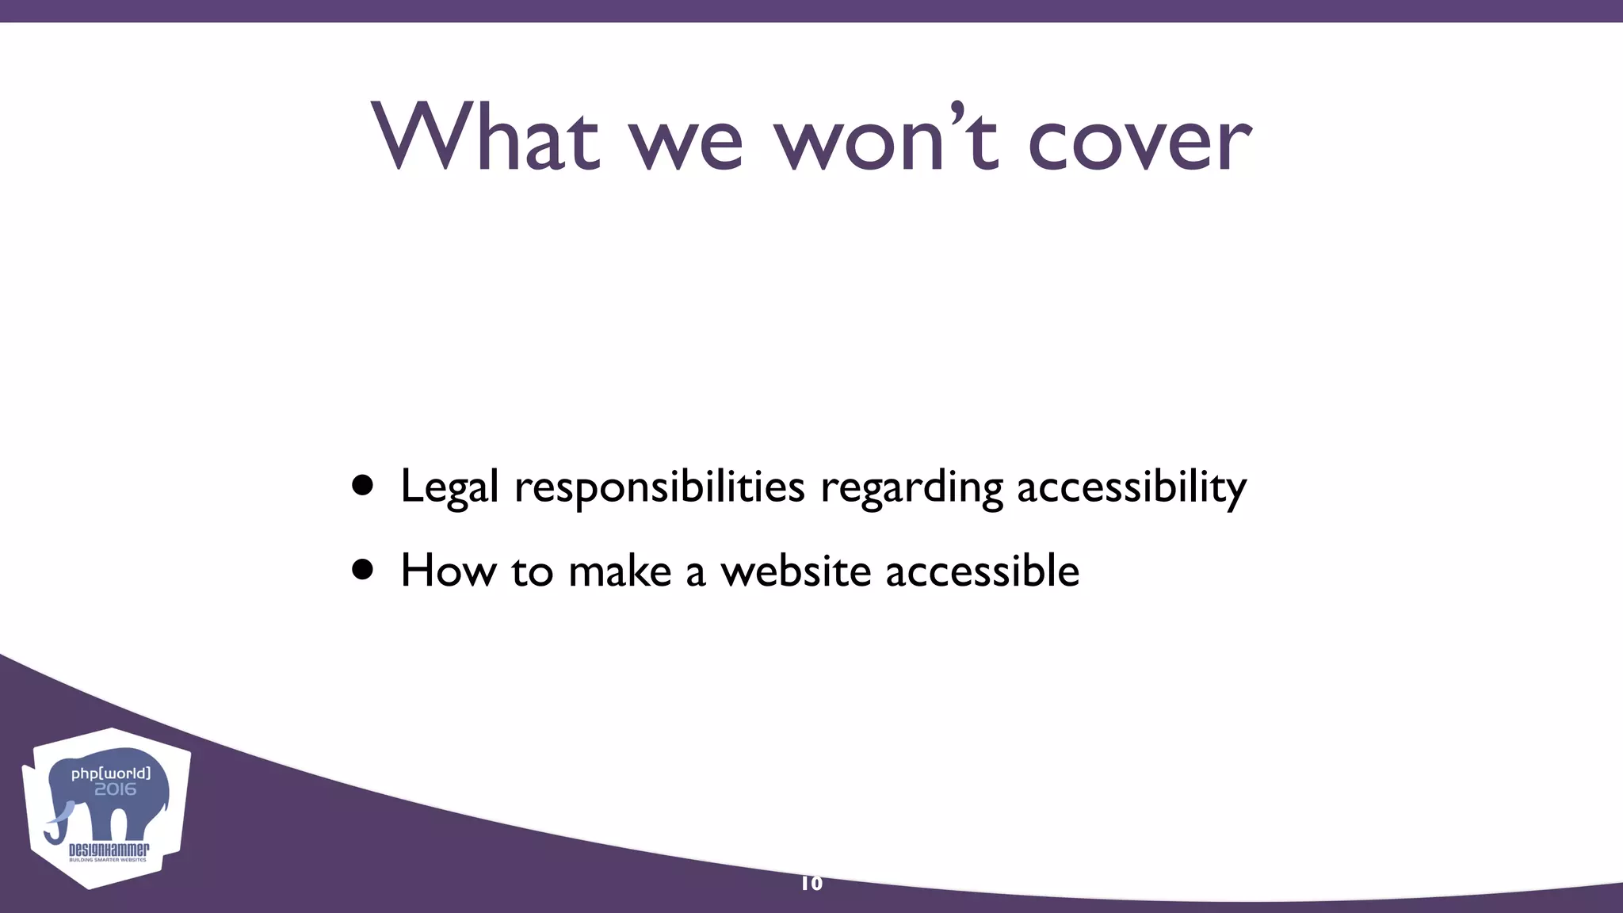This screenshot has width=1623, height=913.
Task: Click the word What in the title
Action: (x=485, y=137)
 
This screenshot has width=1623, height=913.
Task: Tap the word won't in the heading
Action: (x=886, y=137)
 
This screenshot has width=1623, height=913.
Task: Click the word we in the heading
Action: (x=686, y=143)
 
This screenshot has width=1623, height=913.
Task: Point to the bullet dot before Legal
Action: (x=363, y=485)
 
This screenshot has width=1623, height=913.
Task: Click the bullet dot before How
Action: (x=363, y=569)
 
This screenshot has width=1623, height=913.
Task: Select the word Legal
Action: (x=449, y=487)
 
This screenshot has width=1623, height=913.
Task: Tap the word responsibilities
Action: (x=659, y=487)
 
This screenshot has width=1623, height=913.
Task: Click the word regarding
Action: (x=911, y=487)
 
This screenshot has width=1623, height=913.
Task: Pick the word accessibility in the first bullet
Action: (x=1132, y=487)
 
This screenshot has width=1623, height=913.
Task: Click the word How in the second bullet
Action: (x=448, y=570)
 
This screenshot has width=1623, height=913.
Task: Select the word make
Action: (x=620, y=570)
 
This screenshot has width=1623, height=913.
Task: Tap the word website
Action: (x=795, y=570)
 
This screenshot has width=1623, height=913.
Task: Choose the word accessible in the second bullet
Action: (x=982, y=570)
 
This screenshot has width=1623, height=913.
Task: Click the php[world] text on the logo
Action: (x=111, y=773)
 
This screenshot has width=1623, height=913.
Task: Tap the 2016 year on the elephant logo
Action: (x=116, y=789)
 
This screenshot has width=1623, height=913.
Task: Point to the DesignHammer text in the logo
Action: (x=109, y=850)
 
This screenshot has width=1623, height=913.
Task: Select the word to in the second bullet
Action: (x=532, y=570)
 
